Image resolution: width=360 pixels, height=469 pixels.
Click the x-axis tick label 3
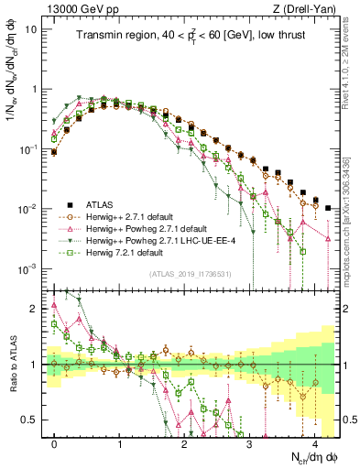point(250,442)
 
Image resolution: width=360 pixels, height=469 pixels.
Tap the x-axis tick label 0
point(55,442)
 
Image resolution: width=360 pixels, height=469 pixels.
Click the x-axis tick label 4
point(315,442)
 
